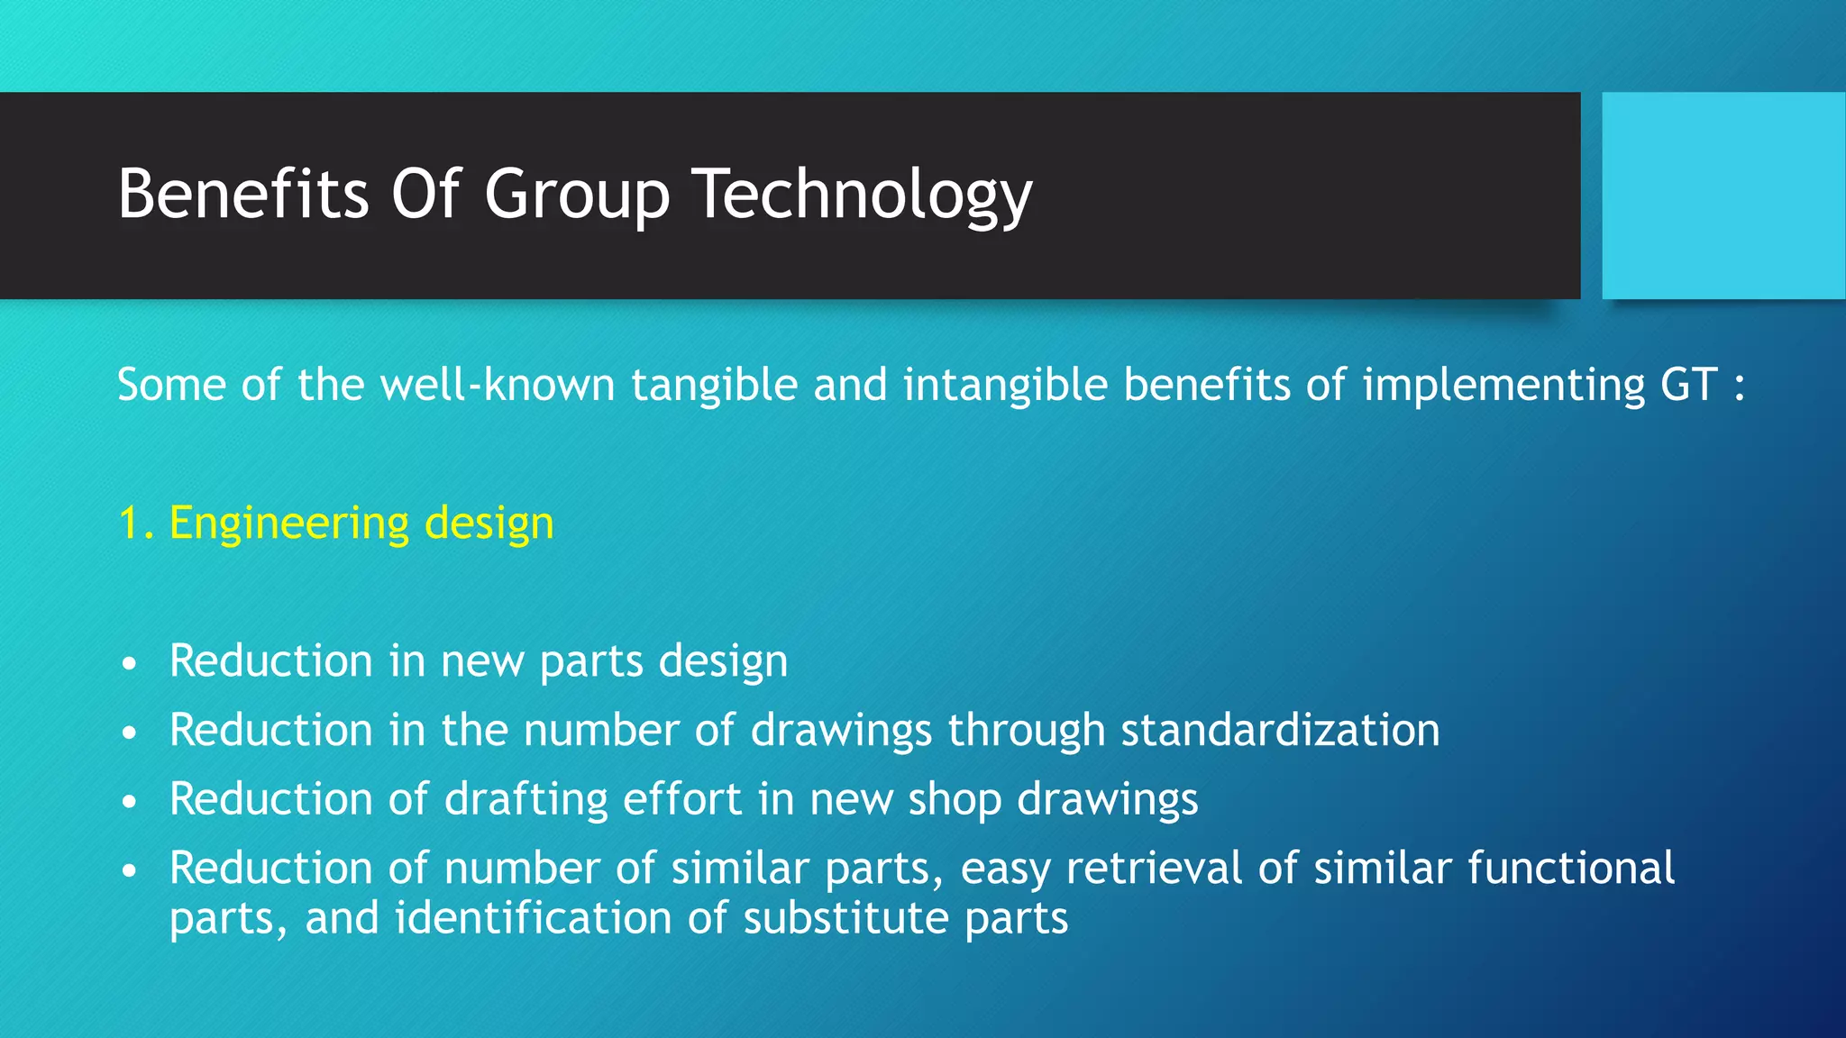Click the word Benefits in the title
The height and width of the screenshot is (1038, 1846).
tap(243, 194)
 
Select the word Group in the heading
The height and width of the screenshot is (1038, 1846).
tap(577, 194)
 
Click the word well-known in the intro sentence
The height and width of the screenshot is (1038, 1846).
tap(498, 385)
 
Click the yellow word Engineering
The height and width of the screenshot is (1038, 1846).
tap(289, 524)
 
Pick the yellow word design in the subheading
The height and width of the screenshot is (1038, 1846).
tap(489, 524)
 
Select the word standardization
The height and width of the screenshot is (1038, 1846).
tap(1280, 730)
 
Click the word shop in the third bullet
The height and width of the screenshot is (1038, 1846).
tap(955, 799)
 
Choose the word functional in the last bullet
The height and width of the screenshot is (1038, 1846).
tap(1571, 869)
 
